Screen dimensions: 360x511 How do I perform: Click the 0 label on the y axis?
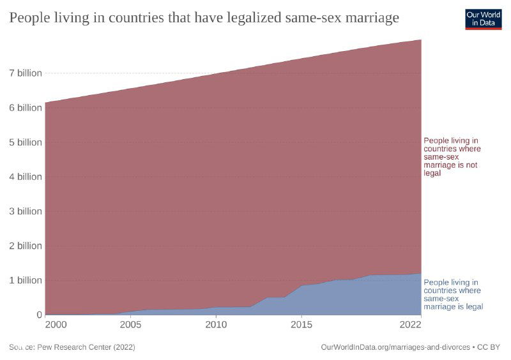pos(39,315)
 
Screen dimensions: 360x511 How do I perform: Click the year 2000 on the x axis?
pos(56,325)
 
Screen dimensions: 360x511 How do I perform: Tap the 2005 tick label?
pos(130,325)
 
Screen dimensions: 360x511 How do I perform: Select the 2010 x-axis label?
pos(216,325)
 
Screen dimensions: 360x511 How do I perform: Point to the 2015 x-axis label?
pos(301,325)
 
